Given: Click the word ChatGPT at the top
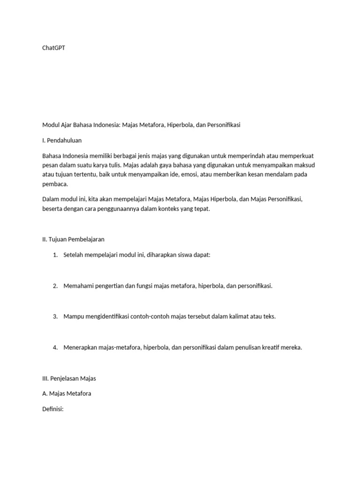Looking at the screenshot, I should [x=53, y=48].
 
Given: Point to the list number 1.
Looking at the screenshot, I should [x=55, y=255].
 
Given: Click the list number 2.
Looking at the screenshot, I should [x=55, y=285].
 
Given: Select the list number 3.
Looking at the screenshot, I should [x=55, y=316].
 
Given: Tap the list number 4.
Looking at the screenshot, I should [x=55, y=347].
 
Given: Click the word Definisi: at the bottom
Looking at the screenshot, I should [x=52, y=409].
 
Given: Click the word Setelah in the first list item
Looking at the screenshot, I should [x=74, y=255].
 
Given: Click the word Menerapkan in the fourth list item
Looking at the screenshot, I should [x=81, y=347].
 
